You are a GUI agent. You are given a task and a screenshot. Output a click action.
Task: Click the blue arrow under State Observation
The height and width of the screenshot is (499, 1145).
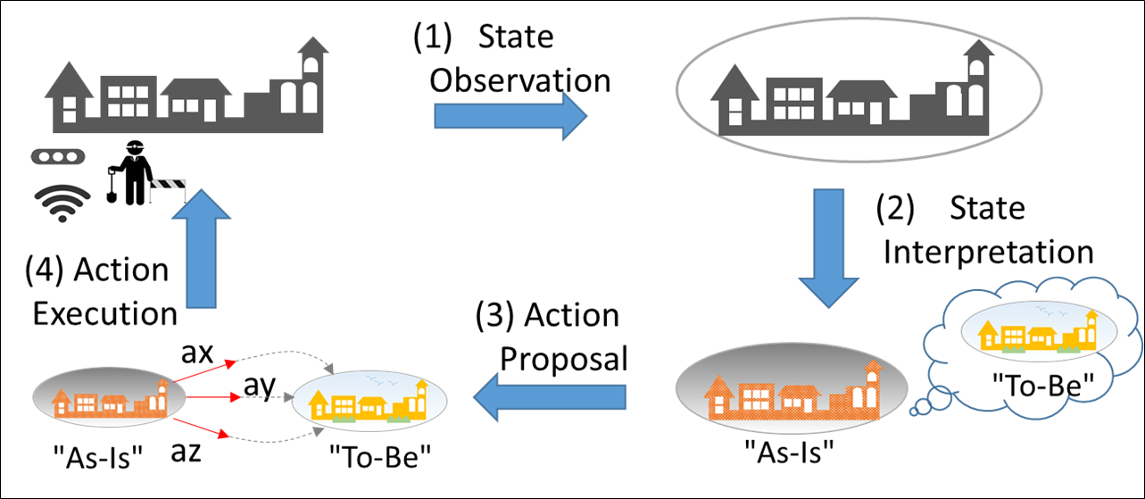(x=509, y=117)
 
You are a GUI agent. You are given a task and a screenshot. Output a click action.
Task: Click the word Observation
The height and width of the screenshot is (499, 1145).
(x=519, y=79)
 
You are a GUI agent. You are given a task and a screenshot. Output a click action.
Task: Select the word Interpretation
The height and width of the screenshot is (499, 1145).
(x=988, y=252)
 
